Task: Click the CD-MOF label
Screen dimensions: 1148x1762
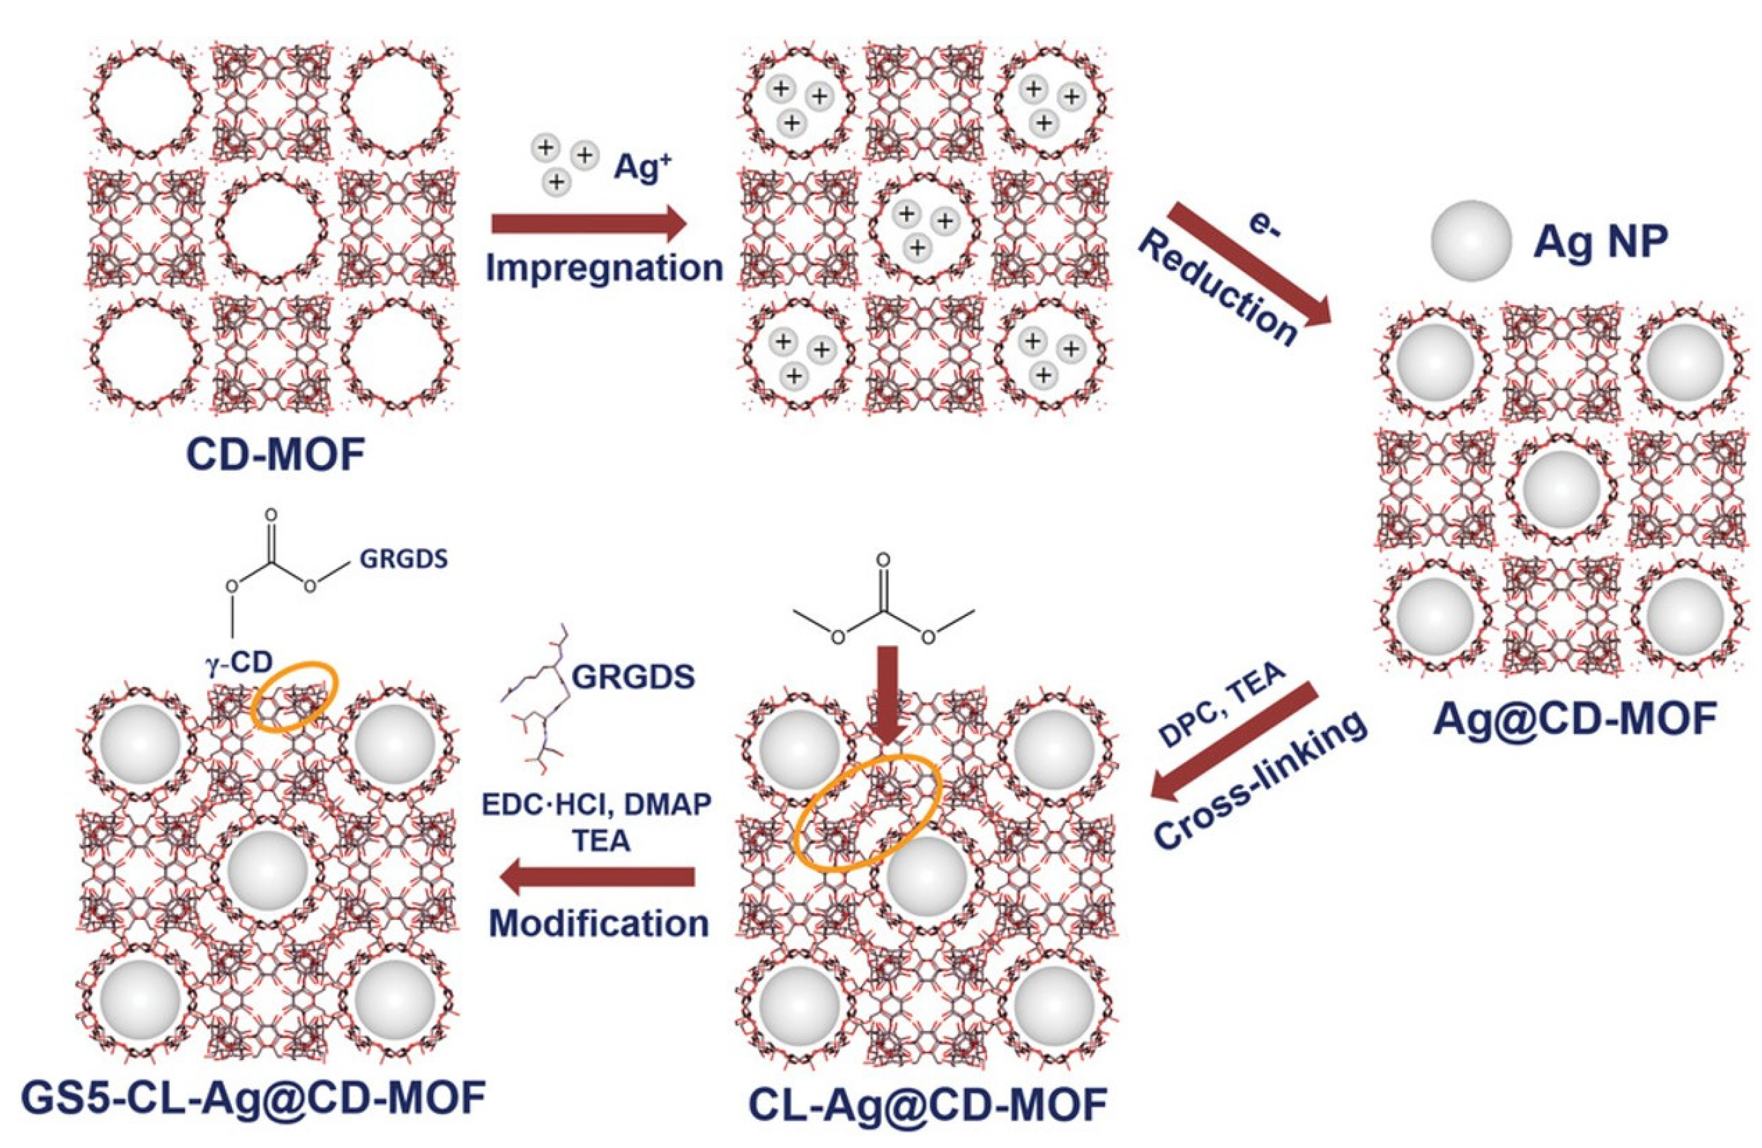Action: click(x=275, y=456)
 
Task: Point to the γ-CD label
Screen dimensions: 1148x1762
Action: click(x=239, y=661)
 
